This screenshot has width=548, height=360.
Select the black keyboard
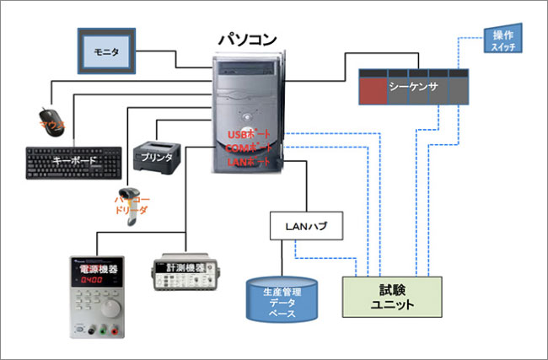point(75,162)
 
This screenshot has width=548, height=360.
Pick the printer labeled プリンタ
point(158,155)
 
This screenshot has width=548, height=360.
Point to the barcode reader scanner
point(136,202)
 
